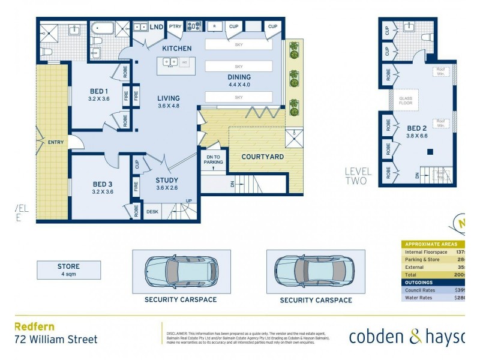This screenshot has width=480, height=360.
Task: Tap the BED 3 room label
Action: [102, 184]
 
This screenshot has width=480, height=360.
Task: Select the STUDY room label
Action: [167, 179]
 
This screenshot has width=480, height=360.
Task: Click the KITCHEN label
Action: [177, 48]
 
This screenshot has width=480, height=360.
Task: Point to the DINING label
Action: [239, 77]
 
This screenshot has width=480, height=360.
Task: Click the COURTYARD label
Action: [263, 157]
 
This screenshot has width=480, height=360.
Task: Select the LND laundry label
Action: [157, 27]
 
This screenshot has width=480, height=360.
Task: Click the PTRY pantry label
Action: [175, 27]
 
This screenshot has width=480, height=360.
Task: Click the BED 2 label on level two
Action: [416, 128]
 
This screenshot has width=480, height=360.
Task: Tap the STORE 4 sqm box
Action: [68, 270]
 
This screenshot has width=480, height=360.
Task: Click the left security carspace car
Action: [180, 271]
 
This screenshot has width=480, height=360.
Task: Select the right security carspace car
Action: [315, 271]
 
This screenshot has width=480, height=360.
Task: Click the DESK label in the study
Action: [152, 211]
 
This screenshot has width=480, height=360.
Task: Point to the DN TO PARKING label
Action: [214, 160]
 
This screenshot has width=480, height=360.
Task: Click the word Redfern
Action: [34, 327]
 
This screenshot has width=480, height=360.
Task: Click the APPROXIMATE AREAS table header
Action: [430, 244]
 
